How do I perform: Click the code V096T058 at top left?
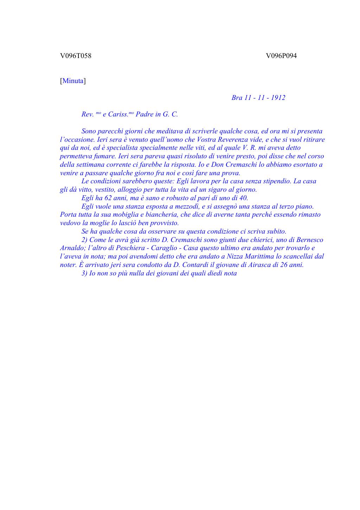[x=76, y=56]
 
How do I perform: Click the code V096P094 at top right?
[x=281, y=56]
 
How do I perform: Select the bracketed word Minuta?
[x=73, y=81]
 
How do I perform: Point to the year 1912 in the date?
[x=278, y=98]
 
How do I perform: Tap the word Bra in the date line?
[x=237, y=98]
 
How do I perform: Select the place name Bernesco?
[x=309, y=240]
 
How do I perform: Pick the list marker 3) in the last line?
[x=84, y=273]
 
